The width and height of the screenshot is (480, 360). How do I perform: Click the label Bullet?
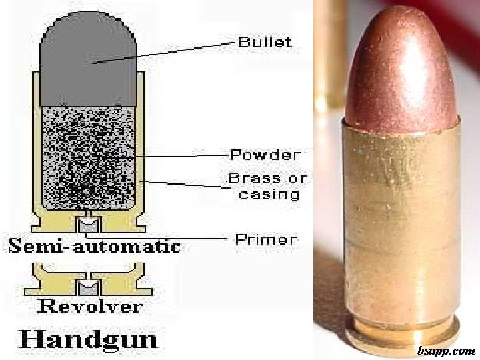pyautogui.click(x=265, y=41)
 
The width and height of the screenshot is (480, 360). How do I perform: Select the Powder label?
pyautogui.click(x=265, y=155)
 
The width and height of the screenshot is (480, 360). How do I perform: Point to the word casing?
pyautogui.click(x=269, y=194)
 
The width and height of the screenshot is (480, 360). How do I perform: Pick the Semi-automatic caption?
pyautogui.click(x=94, y=246)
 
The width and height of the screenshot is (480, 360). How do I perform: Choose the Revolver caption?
pyautogui.click(x=89, y=306)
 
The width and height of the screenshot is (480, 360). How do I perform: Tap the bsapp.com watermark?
pyautogui.click(x=446, y=350)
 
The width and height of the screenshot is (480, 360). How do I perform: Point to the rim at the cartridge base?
pyautogui.click(x=401, y=331)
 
